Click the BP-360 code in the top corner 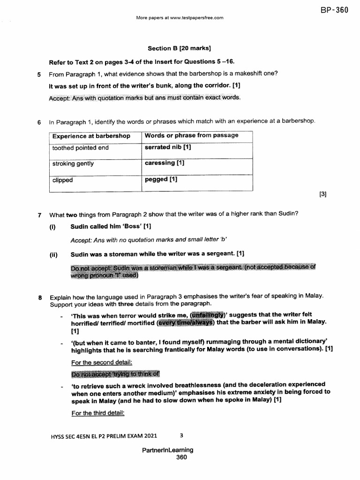(x=335, y=10)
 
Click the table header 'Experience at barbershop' (x=91, y=136)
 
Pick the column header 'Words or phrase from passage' (x=191, y=135)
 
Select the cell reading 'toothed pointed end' (x=80, y=148)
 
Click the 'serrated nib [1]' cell (x=168, y=147)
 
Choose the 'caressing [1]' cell (x=165, y=163)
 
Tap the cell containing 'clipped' (x=62, y=180)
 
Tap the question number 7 (x=40, y=215)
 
